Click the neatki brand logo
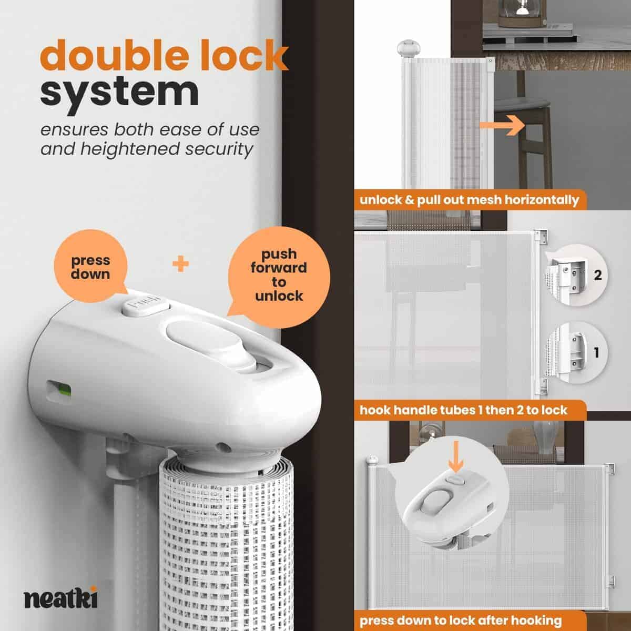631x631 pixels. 60,597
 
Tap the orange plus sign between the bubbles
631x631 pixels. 180,264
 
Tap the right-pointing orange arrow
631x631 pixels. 502,125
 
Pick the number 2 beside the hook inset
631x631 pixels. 598,275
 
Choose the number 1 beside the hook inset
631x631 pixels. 597,353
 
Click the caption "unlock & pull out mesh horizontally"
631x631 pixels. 469,200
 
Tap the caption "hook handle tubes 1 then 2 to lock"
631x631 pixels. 463,410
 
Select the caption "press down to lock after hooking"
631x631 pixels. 461,620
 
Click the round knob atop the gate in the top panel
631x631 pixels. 409,48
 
